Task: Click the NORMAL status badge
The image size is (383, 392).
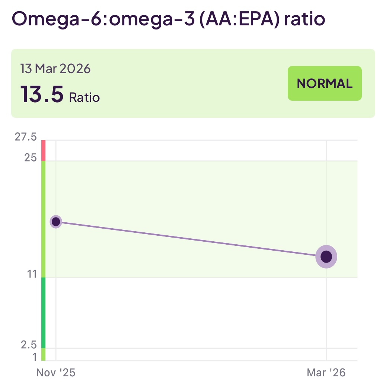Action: (x=325, y=83)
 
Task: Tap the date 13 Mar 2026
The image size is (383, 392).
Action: (x=55, y=69)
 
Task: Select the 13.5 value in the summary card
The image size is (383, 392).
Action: (x=42, y=94)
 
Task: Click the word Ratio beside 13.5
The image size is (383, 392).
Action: (x=84, y=97)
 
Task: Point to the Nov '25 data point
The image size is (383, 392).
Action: (x=56, y=222)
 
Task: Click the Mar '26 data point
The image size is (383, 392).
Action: (x=326, y=257)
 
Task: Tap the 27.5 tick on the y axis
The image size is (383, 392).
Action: (x=26, y=137)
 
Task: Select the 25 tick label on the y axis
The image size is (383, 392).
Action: (x=31, y=157)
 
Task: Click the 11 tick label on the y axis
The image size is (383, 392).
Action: (x=32, y=275)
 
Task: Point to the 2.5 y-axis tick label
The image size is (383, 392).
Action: (x=28, y=344)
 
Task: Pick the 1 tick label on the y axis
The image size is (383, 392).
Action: (x=35, y=357)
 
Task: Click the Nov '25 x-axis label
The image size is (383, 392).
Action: (x=55, y=373)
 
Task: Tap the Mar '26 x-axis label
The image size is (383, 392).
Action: (x=326, y=373)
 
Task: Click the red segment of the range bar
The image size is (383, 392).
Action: (x=43, y=151)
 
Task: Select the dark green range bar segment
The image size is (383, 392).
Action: (x=43, y=313)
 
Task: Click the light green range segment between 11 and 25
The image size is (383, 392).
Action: (x=43, y=219)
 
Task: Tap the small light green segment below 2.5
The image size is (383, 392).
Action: (x=43, y=354)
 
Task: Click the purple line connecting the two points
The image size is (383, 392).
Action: (x=191, y=239)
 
